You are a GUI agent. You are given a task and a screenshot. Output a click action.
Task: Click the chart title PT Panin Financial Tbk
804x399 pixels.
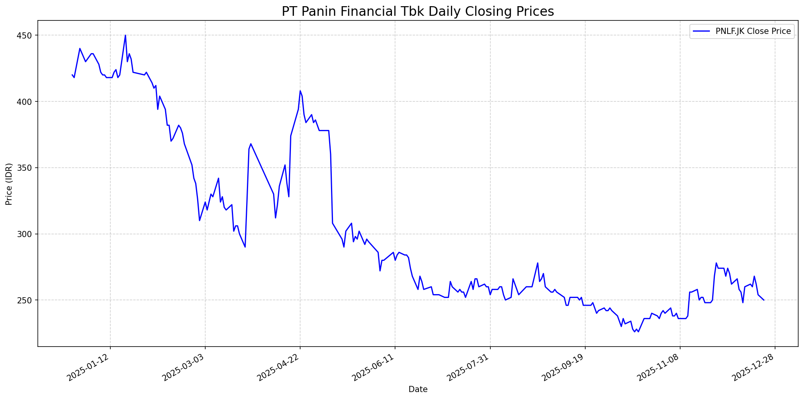point(418,12)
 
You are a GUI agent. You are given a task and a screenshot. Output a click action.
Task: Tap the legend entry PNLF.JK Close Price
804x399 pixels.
point(753,31)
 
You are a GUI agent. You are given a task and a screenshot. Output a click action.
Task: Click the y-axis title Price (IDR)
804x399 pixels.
point(9,184)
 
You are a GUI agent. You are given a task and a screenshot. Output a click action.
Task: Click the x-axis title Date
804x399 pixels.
point(418,389)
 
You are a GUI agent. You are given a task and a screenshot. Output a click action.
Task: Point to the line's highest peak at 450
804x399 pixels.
point(125,35)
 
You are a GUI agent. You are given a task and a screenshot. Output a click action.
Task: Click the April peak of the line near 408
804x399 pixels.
point(300,91)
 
